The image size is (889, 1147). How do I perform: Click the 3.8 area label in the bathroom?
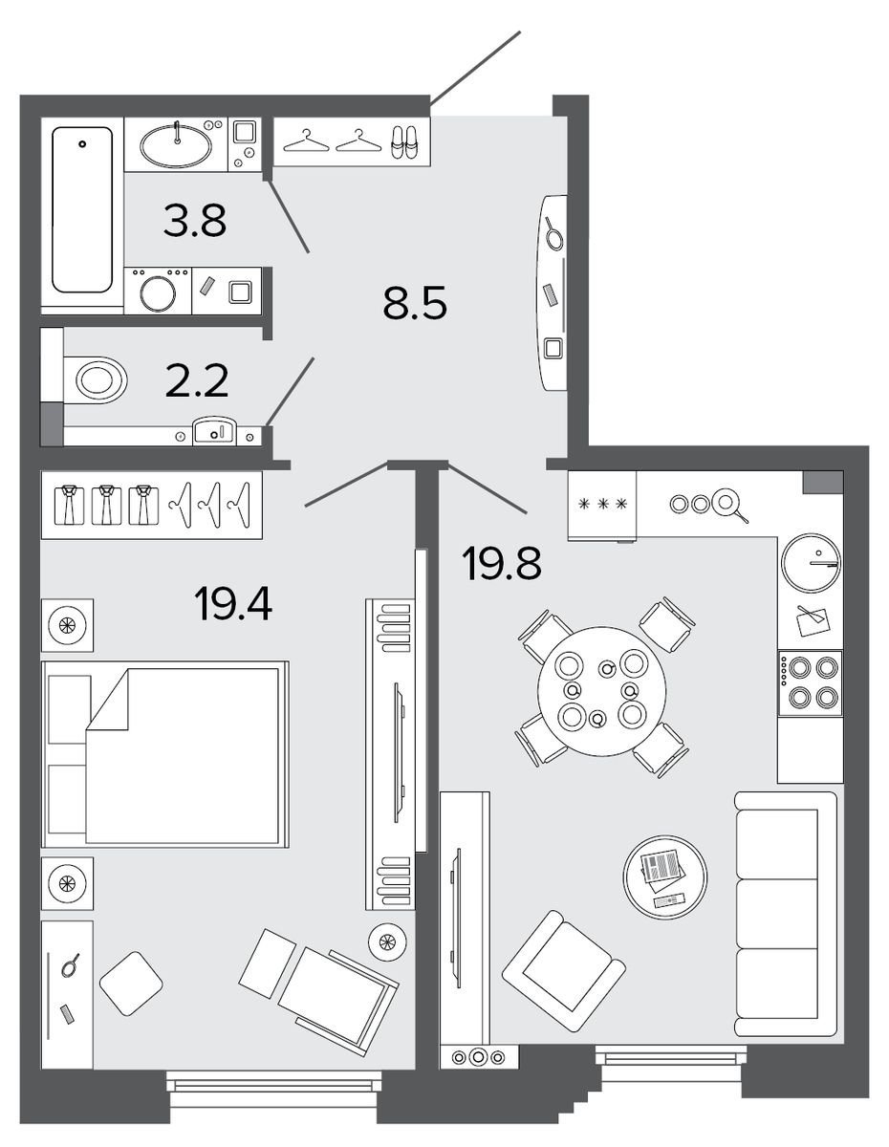[x=195, y=220]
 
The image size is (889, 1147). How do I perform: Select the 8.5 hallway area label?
[x=415, y=302]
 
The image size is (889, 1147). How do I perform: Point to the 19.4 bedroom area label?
[x=233, y=604]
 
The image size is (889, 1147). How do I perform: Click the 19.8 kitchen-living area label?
[x=502, y=563]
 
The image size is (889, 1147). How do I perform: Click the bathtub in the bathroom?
[x=82, y=209]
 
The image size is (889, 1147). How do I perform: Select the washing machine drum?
[x=158, y=294]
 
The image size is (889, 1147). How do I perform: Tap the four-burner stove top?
[x=810, y=682]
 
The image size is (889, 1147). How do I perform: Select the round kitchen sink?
[x=811, y=563]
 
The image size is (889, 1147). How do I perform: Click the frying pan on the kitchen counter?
[x=729, y=505]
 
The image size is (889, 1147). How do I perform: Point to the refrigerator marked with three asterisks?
[x=602, y=505]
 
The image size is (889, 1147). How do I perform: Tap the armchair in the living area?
[x=563, y=971]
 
